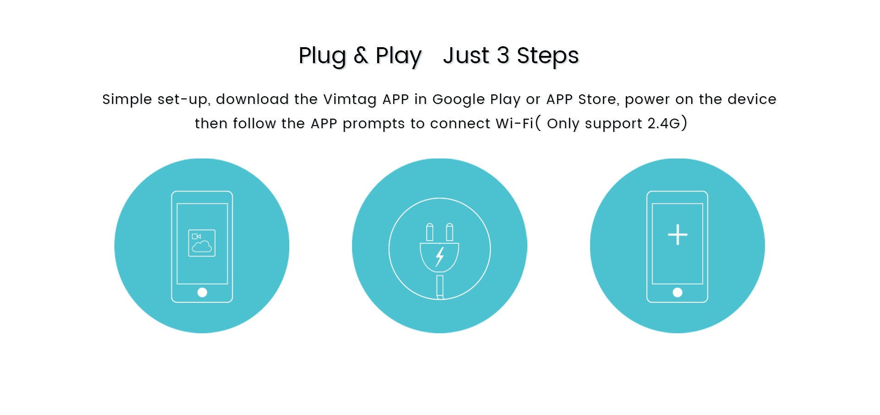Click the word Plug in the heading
click(322, 56)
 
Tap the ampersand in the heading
click(361, 55)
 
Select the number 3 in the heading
click(503, 55)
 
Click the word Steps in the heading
click(548, 56)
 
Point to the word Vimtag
click(350, 100)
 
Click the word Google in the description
click(458, 100)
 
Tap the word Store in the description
click(597, 99)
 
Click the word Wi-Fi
click(515, 123)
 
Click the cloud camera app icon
click(202, 243)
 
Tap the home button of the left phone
click(202, 292)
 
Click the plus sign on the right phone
click(677, 235)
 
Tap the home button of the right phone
click(677, 292)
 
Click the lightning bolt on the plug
click(440, 257)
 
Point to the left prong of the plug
click(430, 232)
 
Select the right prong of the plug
click(450, 232)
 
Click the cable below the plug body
click(440, 287)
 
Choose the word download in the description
click(252, 99)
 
